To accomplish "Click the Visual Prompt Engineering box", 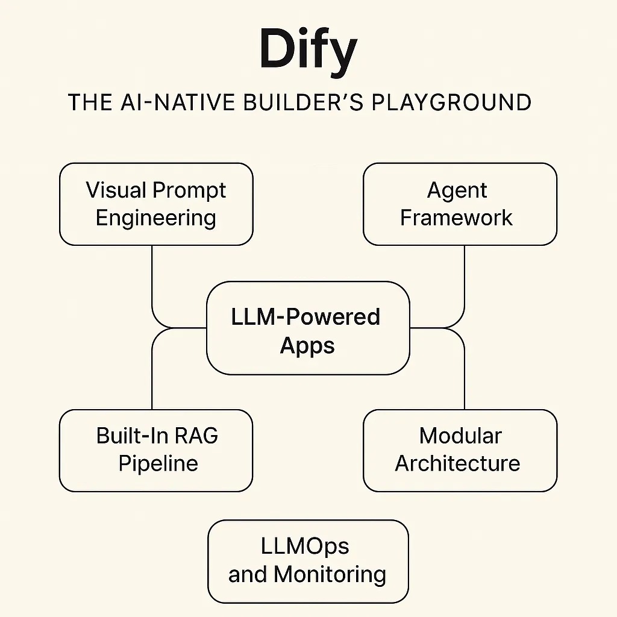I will point(156,204).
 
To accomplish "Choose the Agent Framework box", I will point(460,204).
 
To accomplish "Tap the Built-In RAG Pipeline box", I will point(156,450).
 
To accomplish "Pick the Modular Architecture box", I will point(460,450).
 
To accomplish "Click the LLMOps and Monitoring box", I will point(307,561).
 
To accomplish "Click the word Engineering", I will point(156,218).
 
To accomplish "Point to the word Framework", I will point(457,218).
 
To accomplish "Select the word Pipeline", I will point(158,463).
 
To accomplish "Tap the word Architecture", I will point(457,463).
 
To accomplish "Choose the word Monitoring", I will point(330,574).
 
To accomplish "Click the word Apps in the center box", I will point(307,345).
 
